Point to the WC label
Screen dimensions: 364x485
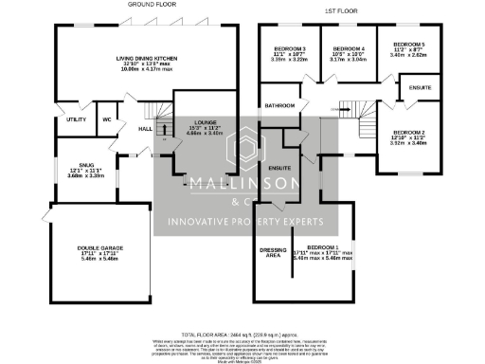click(x=106, y=119)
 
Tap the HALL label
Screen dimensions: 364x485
click(x=146, y=128)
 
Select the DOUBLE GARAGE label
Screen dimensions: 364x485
click(x=99, y=253)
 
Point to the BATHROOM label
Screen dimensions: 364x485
click(x=280, y=105)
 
